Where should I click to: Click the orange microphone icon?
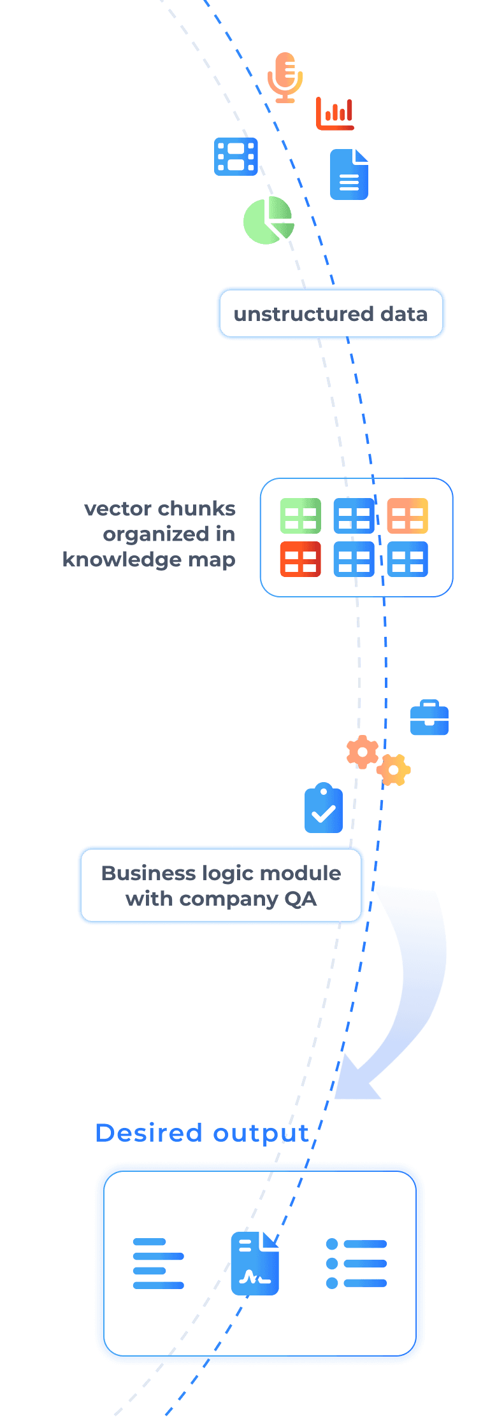point(285,77)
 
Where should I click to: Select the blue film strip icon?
point(236,157)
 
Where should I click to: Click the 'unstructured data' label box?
point(331,313)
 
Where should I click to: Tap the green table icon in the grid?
point(300,516)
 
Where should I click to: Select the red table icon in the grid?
point(300,559)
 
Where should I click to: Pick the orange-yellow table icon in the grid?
point(407,516)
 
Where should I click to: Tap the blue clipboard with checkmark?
point(324,808)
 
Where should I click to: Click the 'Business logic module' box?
point(221,885)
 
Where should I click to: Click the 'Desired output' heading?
point(202,1133)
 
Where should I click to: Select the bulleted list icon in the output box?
point(356,1263)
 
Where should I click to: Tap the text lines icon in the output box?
point(158,1263)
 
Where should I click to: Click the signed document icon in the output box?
point(256,1264)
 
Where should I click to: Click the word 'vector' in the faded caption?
point(118,509)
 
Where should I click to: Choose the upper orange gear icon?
point(363,752)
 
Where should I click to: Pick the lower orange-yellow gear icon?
point(394,770)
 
